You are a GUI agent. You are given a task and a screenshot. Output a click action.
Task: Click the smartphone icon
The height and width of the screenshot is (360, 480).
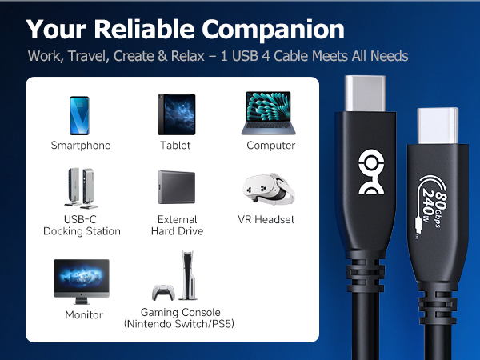tap(80, 115)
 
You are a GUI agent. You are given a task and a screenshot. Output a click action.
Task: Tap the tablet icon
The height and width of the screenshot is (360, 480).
tap(175, 115)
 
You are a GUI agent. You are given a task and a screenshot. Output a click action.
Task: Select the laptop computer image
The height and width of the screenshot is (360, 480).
tap(270, 114)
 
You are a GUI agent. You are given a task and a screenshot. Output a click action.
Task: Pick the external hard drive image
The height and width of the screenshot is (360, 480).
tap(177, 190)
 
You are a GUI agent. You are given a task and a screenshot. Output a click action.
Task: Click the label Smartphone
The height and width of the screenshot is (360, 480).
tap(81, 146)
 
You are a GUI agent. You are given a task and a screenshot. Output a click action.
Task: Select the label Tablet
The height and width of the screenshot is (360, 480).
tap(175, 146)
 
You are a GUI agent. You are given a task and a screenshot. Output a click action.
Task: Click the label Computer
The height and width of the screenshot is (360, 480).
tap(271, 146)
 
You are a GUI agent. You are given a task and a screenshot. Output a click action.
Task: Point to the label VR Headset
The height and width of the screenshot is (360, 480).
tap(266, 219)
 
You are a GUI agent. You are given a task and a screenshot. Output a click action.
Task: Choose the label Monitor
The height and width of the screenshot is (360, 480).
tap(84, 315)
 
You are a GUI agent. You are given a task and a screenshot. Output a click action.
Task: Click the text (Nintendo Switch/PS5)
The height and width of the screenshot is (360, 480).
tap(179, 324)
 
